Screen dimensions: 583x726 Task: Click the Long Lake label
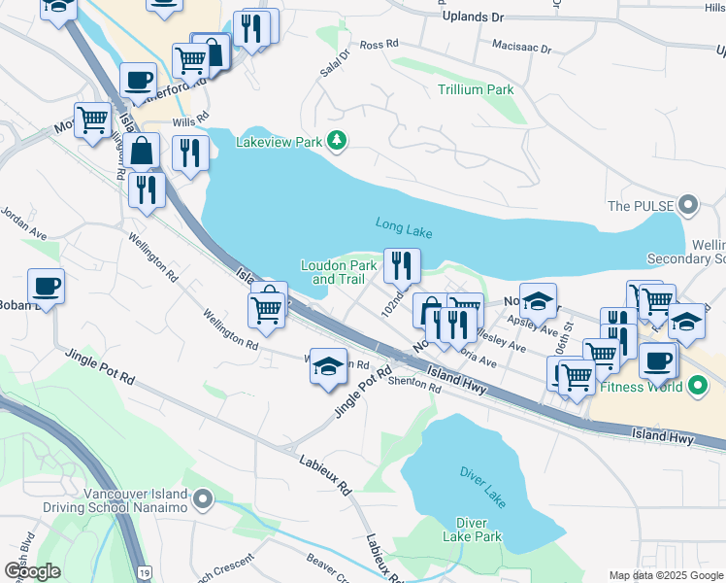coord(404,227)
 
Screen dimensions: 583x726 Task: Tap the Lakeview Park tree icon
coord(337,142)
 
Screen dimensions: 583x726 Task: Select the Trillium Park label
coord(475,89)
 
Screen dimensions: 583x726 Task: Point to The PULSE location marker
coord(688,205)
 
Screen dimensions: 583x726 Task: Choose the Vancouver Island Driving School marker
coord(202,500)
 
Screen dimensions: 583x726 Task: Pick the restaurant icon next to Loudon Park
coord(402,263)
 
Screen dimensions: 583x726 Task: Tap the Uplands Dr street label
coord(474,17)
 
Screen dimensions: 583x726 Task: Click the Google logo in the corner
coord(32,570)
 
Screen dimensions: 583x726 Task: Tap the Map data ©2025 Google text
coord(665,575)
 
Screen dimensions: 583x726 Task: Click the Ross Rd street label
coord(379,45)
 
